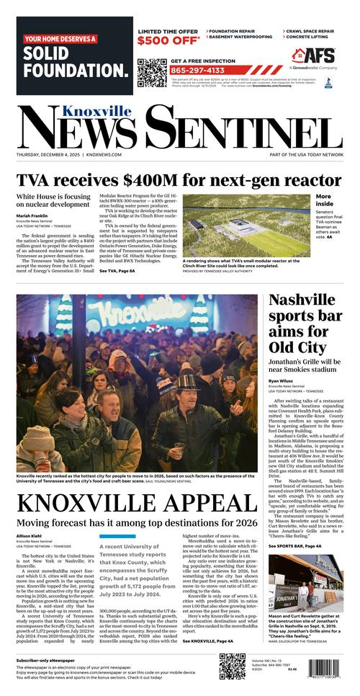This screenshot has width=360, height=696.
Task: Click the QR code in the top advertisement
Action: [151, 72]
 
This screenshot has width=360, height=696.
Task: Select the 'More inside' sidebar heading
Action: [323, 200]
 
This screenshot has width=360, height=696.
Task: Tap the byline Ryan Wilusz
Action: [282, 380]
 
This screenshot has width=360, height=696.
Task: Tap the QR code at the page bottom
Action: [233, 667]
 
